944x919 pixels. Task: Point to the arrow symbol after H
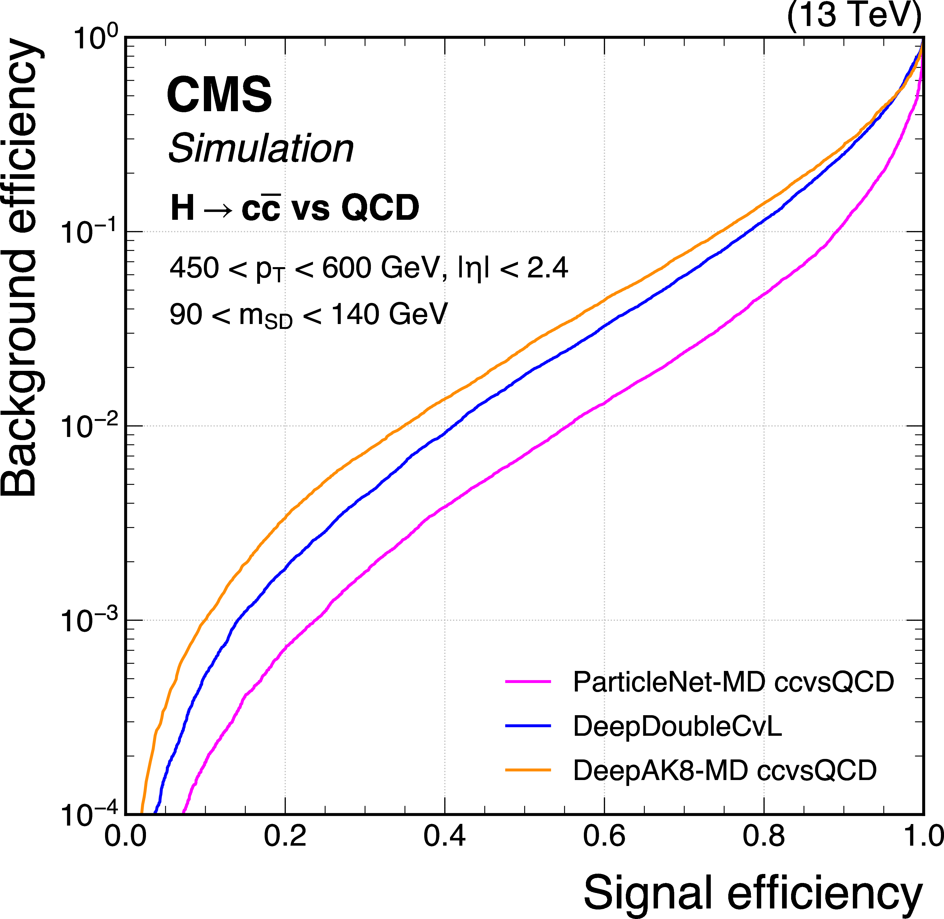[218, 210]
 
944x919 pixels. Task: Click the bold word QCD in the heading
[380, 208]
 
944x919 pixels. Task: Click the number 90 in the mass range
[185, 315]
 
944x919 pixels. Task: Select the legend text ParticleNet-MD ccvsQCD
[733, 682]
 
